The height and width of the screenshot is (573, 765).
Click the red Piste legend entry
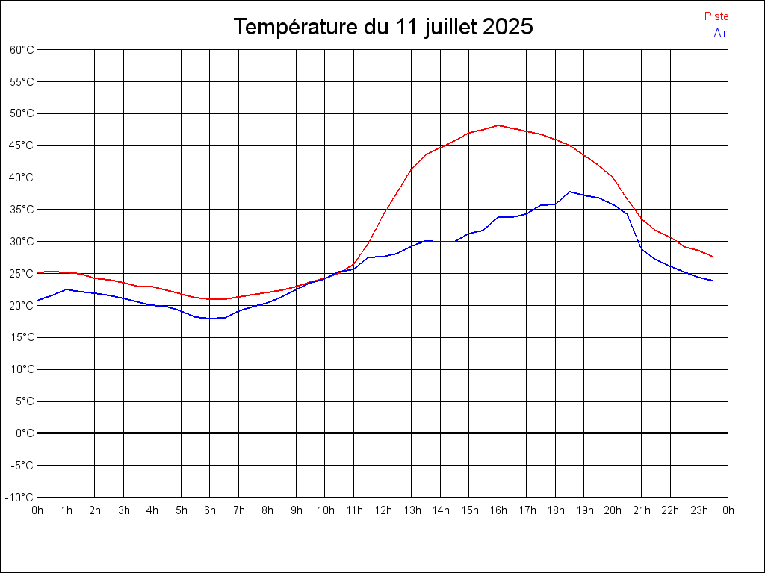point(716,16)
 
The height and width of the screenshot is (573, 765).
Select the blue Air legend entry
point(720,32)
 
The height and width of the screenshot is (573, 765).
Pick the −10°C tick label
point(20,497)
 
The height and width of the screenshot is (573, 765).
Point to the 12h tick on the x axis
point(382,510)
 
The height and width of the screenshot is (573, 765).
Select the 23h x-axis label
point(699,510)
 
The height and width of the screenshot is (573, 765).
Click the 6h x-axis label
point(210,510)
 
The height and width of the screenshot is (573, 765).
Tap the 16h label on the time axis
point(498,510)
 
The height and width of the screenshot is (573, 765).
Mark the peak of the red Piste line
point(498,125)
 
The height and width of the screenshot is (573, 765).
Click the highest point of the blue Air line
point(570,192)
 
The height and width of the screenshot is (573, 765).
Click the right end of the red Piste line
point(713,257)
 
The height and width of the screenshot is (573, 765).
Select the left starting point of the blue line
point(37,301)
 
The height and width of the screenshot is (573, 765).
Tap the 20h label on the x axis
point(613,510)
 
